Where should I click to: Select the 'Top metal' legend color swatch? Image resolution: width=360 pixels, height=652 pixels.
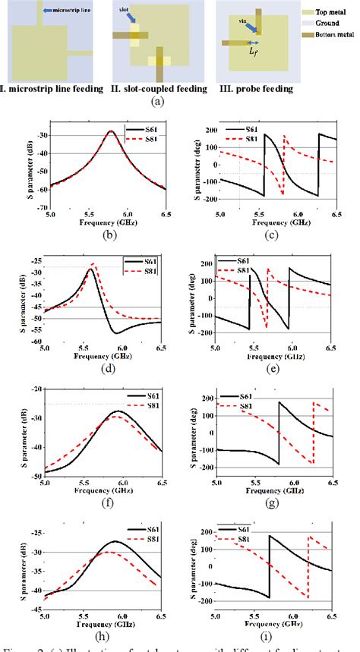[x=301, y=13]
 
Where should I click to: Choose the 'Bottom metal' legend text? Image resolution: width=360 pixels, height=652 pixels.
[x=334, y=36]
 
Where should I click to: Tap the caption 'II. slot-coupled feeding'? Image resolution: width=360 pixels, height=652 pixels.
[x=159, y=89]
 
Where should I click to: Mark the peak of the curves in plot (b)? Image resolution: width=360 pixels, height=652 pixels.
[x=111, y=131]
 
